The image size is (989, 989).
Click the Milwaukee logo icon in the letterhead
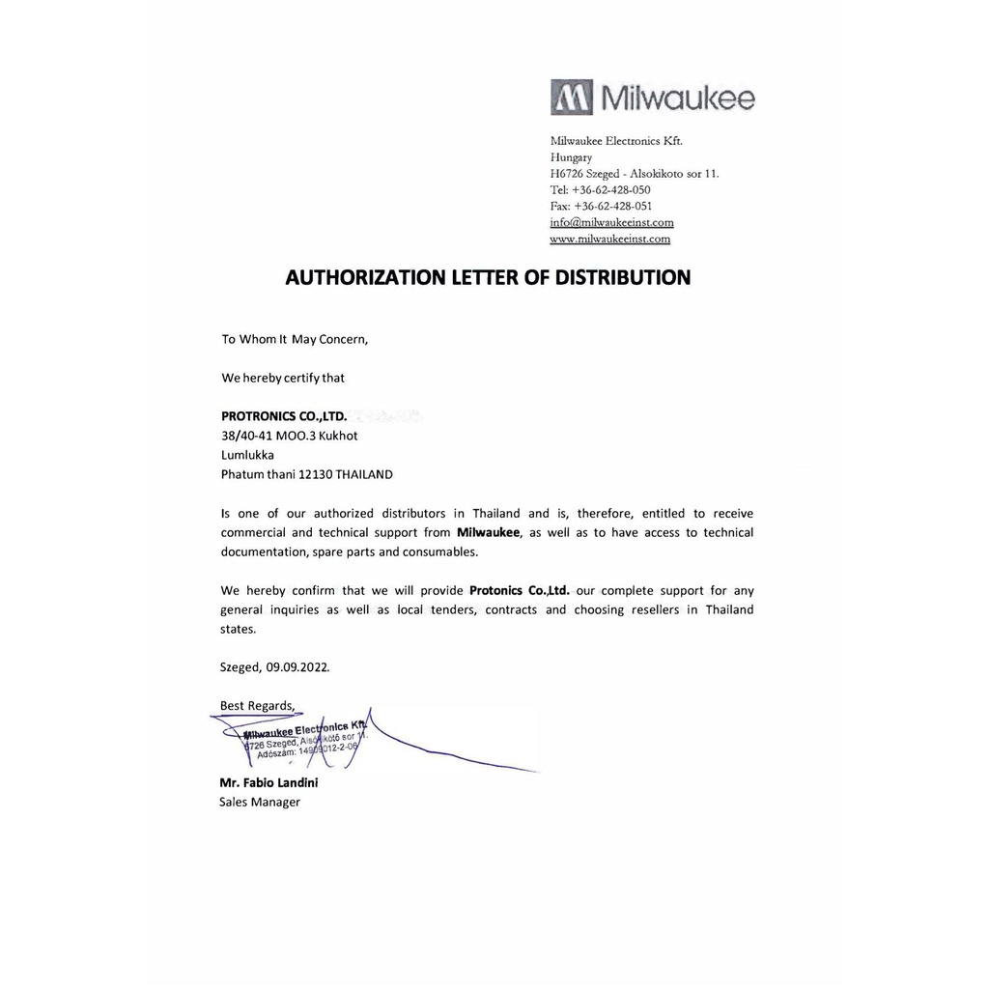(x=572, y=98)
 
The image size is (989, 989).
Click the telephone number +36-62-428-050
(x=611, y=190)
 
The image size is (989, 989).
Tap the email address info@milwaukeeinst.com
(x=611, y=222)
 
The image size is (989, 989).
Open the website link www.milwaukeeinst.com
(x=609, y=239)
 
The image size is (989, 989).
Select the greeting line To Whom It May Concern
(x=295, y=339)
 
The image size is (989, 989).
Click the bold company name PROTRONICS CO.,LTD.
(x=284, y=417)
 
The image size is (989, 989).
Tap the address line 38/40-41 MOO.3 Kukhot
(x=290, y=436)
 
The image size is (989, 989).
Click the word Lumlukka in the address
(x=247, y=455)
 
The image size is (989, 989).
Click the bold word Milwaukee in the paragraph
(x=488, y=532)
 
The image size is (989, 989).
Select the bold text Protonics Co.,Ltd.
(x=520, y=590)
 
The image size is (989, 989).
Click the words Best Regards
(x=257, y=706)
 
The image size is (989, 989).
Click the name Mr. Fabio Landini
(x=268, y=783)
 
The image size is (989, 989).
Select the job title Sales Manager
(x=260, y=802)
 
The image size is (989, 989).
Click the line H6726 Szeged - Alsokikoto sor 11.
(x=635, y=174)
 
